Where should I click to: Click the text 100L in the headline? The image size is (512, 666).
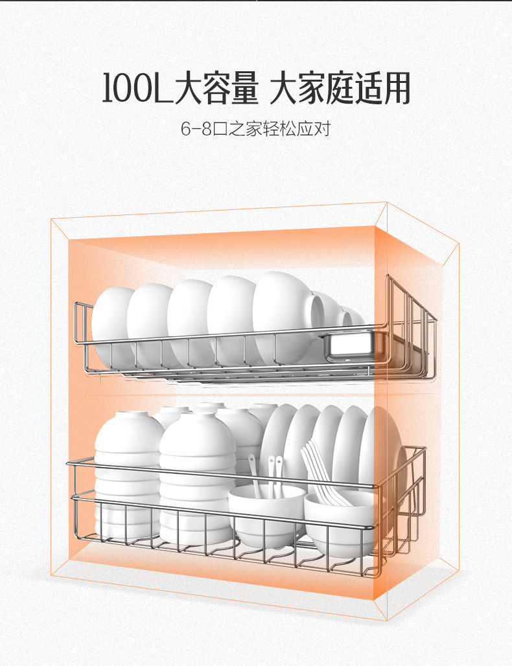tap(137, 89)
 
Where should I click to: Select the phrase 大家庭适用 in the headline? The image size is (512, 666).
tap(340, 89)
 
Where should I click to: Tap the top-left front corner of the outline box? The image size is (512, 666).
tap(52, 220)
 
